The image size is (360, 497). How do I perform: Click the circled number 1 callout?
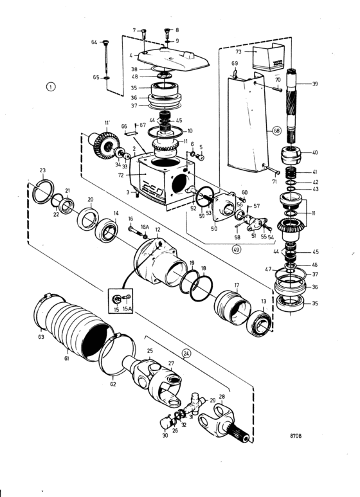point(51,87)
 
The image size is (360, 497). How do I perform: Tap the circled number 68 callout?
point(277,131)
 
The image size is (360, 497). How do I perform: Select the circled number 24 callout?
point(186,353)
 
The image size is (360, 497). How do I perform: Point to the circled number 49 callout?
point(236,249)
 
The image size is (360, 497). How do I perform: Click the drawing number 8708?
point(296,436)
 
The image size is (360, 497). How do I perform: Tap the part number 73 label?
point(239,51)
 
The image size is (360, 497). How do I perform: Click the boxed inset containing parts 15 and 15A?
point(121,300)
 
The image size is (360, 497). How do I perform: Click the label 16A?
point(145,227)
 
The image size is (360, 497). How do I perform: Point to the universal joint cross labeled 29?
point(194,402)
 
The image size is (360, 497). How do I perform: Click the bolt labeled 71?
point(271,169)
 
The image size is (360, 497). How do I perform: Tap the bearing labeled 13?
point(259,323)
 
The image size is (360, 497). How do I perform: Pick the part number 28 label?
point(222,397)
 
